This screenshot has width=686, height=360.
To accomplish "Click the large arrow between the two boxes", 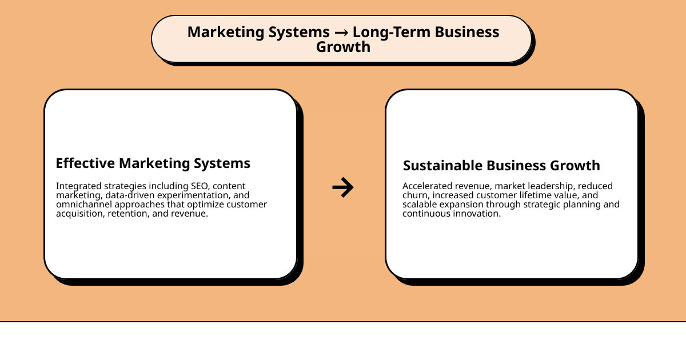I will (343, 187).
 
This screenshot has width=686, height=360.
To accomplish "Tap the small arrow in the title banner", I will (341, 33).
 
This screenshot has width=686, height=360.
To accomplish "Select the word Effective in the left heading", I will (85, 163).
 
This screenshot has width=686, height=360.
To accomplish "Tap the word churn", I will (415, 195).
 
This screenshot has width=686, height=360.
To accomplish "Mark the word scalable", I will (420, 205).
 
